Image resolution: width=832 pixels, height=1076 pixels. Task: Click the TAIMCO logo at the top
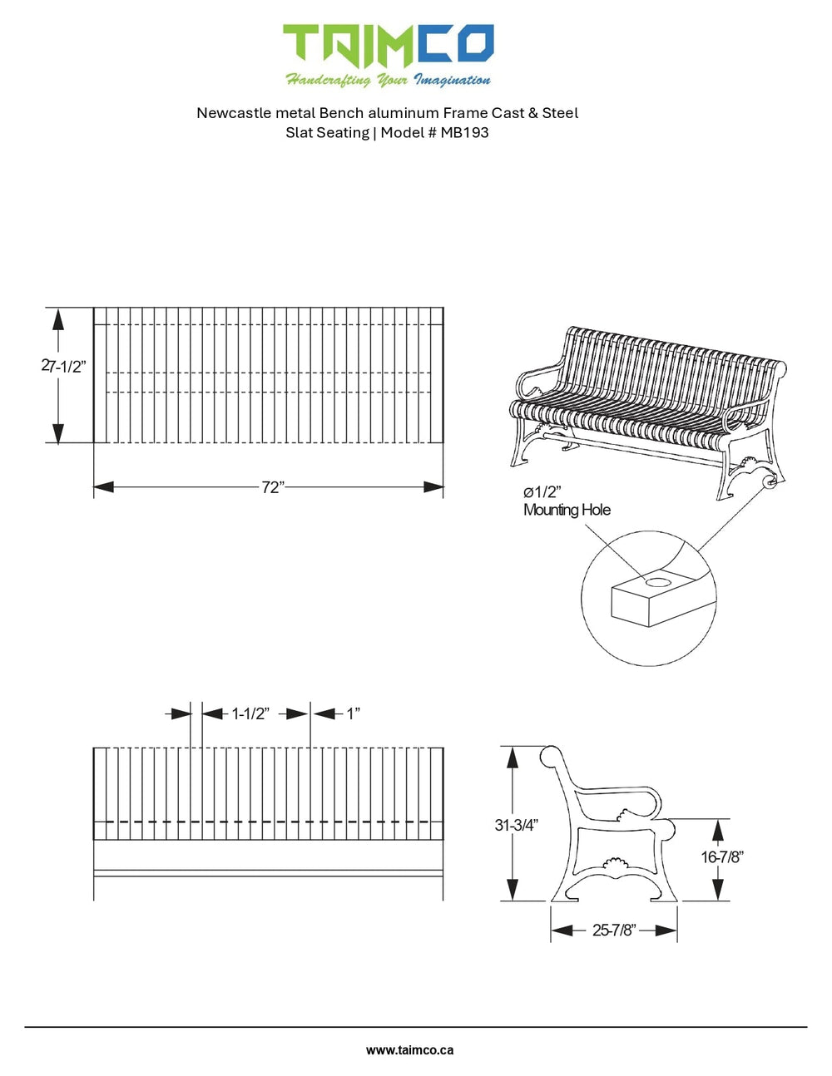388,45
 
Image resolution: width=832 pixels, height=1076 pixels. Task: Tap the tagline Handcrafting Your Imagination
388,80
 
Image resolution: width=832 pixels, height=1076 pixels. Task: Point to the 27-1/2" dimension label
63,367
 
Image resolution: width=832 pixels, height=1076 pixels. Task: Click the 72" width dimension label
273,487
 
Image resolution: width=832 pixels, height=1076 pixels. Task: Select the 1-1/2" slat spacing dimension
250,713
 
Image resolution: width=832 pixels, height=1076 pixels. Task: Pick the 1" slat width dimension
354,713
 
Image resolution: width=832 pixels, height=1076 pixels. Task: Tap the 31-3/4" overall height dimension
516,825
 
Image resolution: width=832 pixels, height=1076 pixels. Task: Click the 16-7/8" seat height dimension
721,856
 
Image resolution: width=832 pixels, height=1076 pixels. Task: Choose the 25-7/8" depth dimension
614,930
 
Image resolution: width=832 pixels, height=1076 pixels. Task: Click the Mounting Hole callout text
567,510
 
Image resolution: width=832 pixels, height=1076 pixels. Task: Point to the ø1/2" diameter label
542,492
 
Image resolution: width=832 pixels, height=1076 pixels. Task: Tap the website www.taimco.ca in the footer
409,1050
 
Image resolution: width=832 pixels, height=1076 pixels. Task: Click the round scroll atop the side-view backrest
550,758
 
